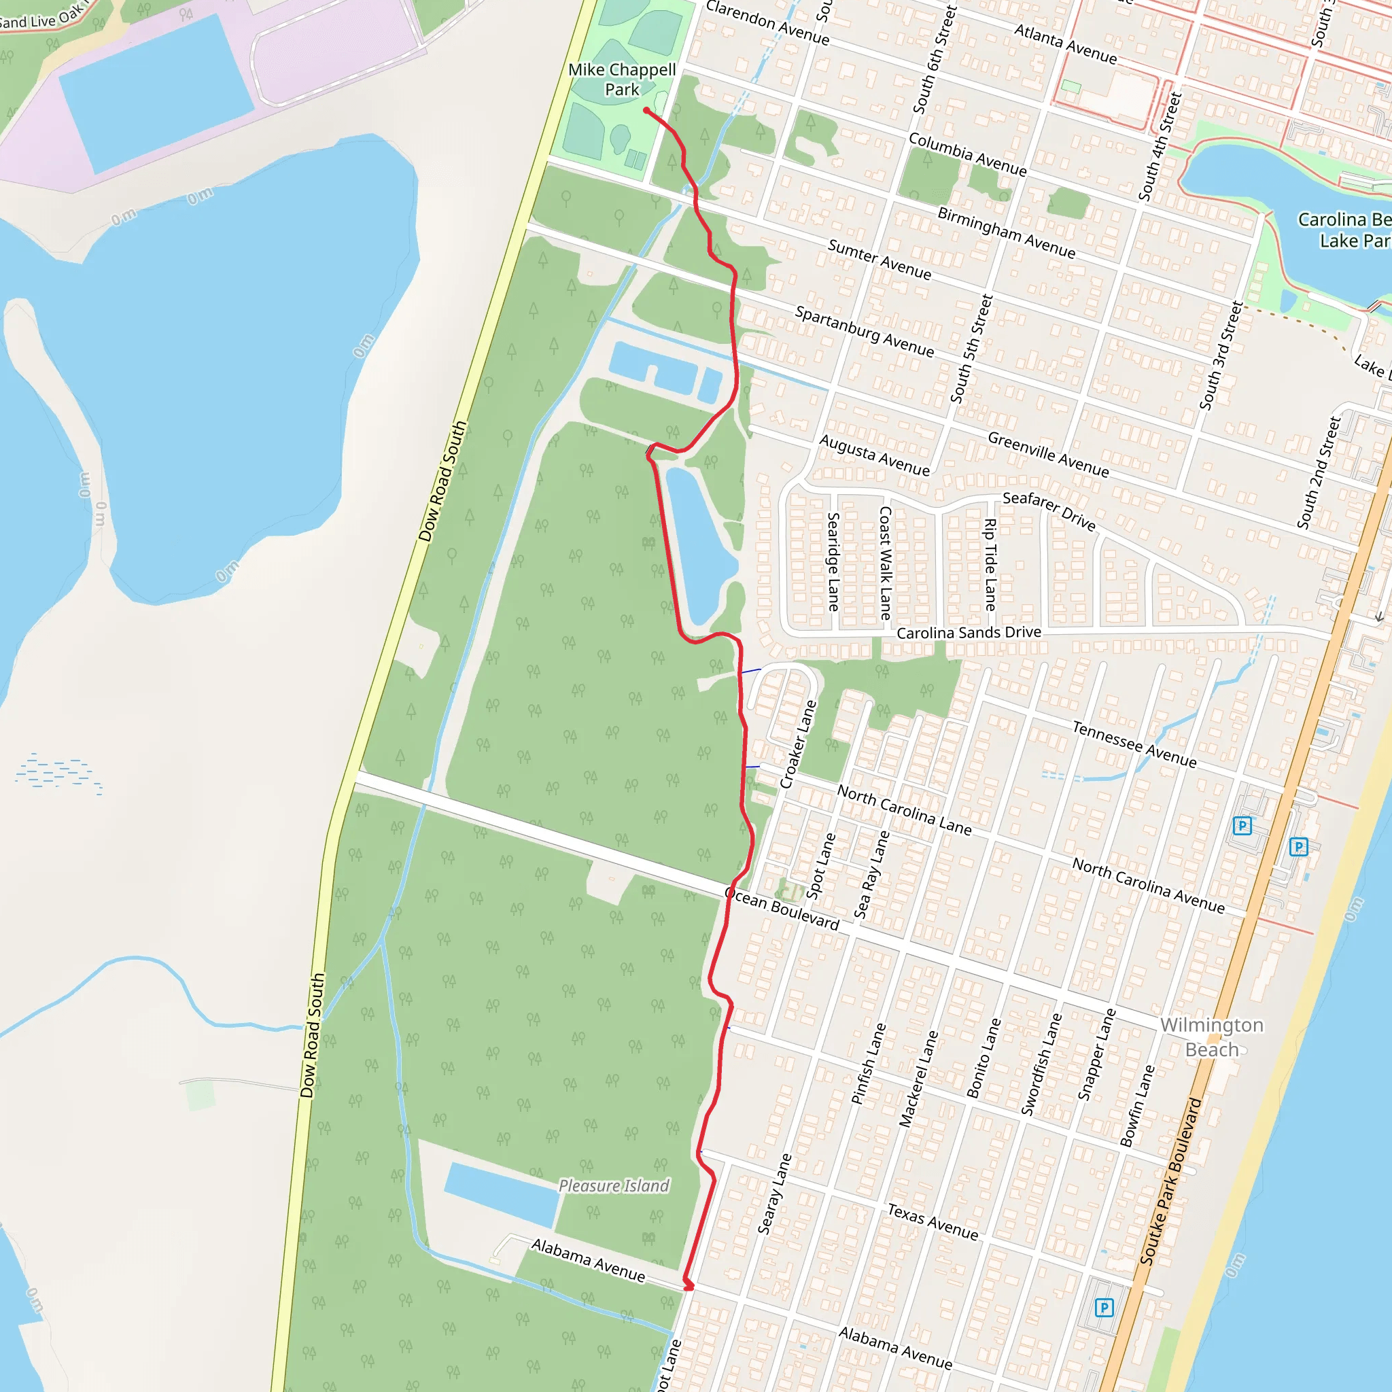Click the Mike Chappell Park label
tap(622, 80)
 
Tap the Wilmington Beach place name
tap(1211, 1037)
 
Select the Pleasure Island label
tap(614, 1185)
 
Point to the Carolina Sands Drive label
tap(969, 633)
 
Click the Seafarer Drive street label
tap(1049, 511)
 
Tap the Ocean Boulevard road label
tap(782, 909)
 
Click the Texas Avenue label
tap(933, 1222)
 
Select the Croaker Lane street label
tap(799, 744)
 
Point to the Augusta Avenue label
tap(874, 455)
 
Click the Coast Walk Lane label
tap(886, 563)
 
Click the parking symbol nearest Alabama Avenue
tap(1104, 1306)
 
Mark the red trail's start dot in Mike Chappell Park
tap(646, 110)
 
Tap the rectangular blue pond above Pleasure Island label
tap(502, 1194)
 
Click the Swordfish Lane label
tap(1041, 1064)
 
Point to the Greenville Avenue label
tap(1047, 454)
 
